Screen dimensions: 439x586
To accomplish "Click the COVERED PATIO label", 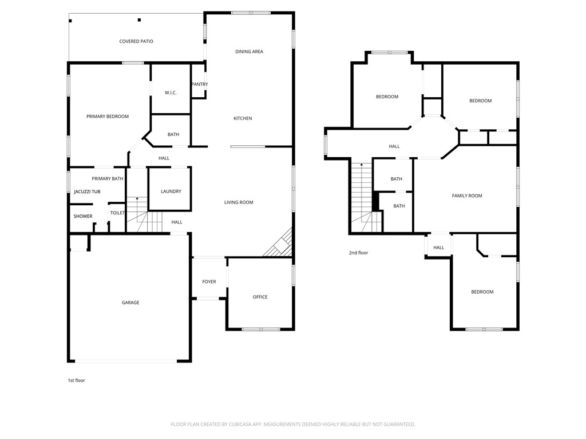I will [136, 41].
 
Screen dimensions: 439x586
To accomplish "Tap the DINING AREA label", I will [249, 51].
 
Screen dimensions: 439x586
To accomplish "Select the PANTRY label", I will [200, 84].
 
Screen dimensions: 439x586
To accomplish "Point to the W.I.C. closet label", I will [171, 93].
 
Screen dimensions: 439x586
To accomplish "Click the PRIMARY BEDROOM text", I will [108, 116].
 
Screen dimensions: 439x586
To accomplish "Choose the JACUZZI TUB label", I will [87, 191].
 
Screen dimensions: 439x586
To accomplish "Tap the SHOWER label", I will [83, 216].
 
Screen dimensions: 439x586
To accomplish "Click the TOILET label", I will [117, 213].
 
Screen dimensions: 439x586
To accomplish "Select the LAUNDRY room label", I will [171, 191].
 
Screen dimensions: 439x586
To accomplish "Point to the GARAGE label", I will [130, 302].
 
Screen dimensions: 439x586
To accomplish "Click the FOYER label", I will [209, 281].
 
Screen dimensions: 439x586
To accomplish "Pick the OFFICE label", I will [260, 297].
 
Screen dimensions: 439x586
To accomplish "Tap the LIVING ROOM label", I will [239, 202].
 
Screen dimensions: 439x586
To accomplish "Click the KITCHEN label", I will [243, 118].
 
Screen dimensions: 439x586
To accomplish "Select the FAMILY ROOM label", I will [467, 195].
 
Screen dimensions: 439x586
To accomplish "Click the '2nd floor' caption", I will [359, 252].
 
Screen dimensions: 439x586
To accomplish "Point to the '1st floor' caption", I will [76, 380].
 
